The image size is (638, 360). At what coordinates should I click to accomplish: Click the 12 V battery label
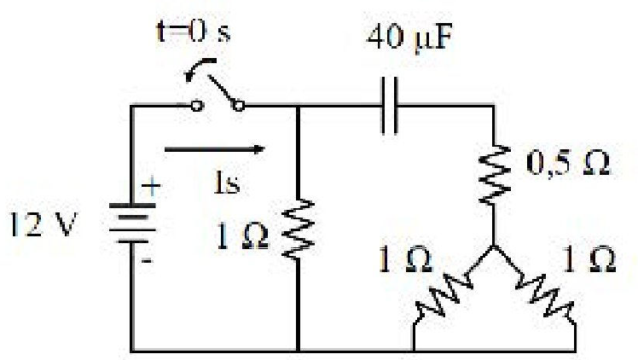[43, 224]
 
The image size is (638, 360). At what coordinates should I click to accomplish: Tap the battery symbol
[132, 224]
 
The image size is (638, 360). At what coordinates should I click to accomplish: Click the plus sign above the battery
[151, 187]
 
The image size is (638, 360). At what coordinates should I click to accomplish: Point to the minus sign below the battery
[147, 260]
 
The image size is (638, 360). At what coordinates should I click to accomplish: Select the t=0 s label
[194, 31]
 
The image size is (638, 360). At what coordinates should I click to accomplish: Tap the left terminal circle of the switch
[196, 106]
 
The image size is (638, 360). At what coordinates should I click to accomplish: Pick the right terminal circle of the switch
[239, 106]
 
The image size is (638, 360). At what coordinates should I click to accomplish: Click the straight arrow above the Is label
[215, 149]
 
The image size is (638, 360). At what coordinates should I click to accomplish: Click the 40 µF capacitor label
[409, 38]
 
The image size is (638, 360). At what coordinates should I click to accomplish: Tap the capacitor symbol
[389, 106]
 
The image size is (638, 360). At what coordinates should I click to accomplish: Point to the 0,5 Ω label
[568, 163]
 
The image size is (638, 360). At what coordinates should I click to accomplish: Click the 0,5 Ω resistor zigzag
[494, 174]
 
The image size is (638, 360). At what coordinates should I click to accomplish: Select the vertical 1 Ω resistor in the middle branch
[299, 229]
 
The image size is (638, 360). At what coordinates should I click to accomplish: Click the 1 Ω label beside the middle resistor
[243, 236]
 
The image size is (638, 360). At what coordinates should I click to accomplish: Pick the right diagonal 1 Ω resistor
[545, 295]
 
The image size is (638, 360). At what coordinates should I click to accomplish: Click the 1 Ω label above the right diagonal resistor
[589, 259]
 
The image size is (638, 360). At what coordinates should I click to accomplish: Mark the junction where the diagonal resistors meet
[494, 247]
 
